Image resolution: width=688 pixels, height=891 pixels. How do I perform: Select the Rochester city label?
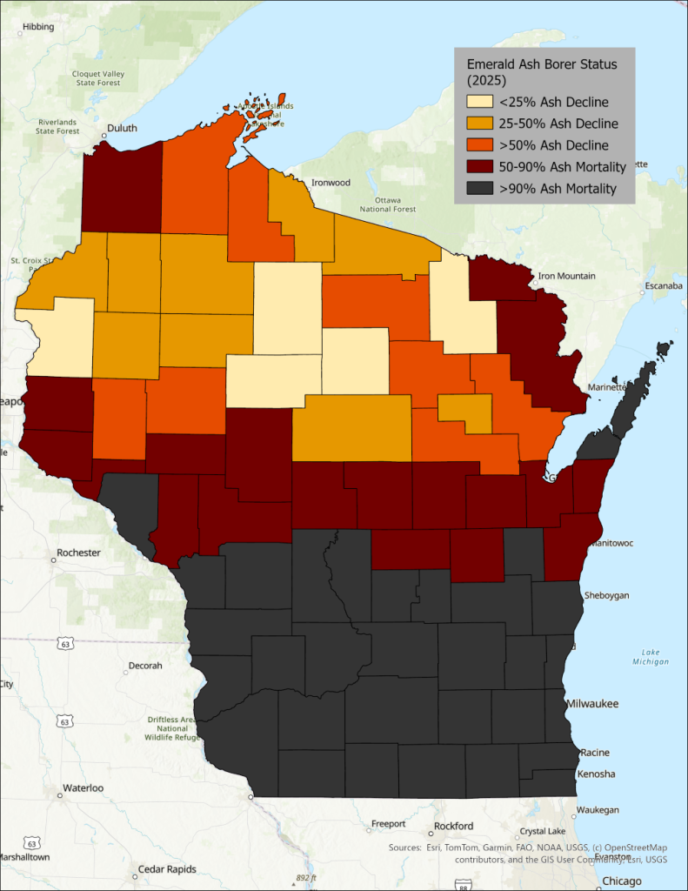click(x=78, y=553)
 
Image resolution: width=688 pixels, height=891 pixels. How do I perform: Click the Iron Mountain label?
click(x=566, y=276)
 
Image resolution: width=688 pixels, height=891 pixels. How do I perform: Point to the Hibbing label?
click(x=37, y=27)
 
